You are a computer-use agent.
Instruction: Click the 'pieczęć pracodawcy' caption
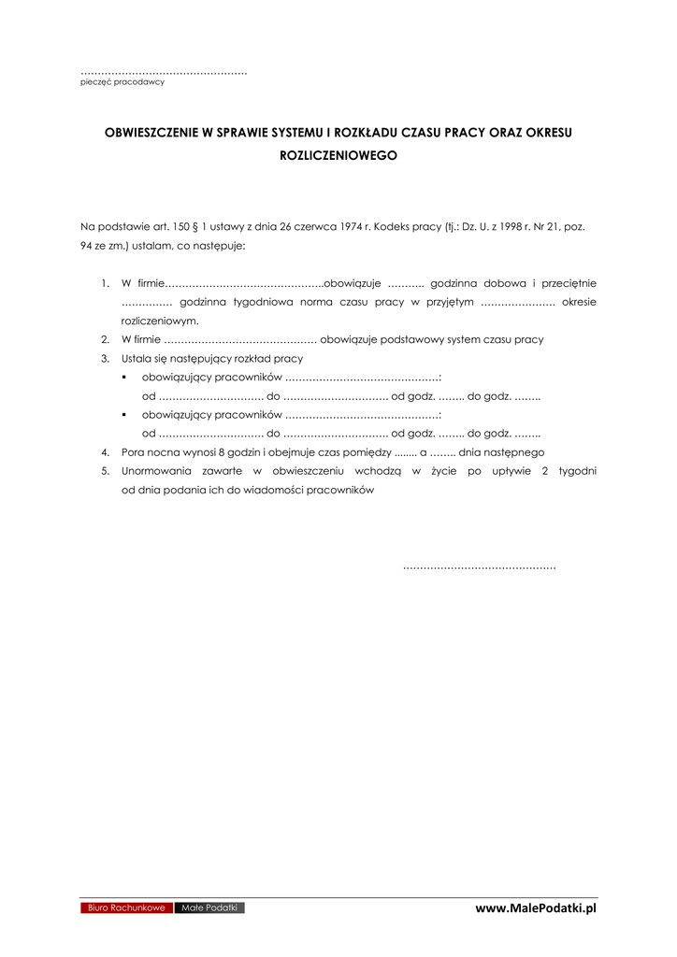tap(122, 82)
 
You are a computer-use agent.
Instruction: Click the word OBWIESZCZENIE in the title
tap(151, 133)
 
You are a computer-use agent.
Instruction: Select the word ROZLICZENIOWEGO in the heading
tap(338, 156)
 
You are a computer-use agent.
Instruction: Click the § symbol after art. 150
tap(194, 226)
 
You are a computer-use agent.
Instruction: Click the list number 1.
tap(105, 283)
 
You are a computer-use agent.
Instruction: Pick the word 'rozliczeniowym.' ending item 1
tap(160, 321)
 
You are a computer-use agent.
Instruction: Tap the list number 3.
tap(105, 358)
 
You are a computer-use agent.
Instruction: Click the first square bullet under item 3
tap(124, 378)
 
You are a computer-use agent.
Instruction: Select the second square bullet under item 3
tap(124, 415)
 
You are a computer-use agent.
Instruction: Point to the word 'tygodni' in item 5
tap(578, 471)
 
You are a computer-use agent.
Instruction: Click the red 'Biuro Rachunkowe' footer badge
tap(126, 907)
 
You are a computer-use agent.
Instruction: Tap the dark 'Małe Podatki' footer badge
tap(209, 907)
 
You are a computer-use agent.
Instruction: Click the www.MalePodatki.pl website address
tap(535, 908)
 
